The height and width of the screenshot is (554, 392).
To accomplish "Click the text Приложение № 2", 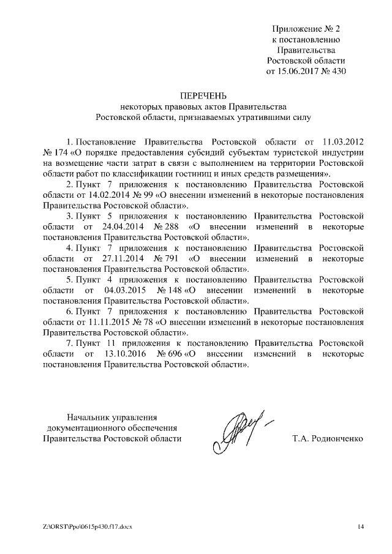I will click(x=306, y=29).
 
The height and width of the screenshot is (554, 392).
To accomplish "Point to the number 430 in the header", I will click(x=337, y=72).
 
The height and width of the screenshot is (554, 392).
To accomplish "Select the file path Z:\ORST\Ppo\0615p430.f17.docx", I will click(x=88, y=526).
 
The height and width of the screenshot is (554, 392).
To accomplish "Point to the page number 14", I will click(x=360, y=526).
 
